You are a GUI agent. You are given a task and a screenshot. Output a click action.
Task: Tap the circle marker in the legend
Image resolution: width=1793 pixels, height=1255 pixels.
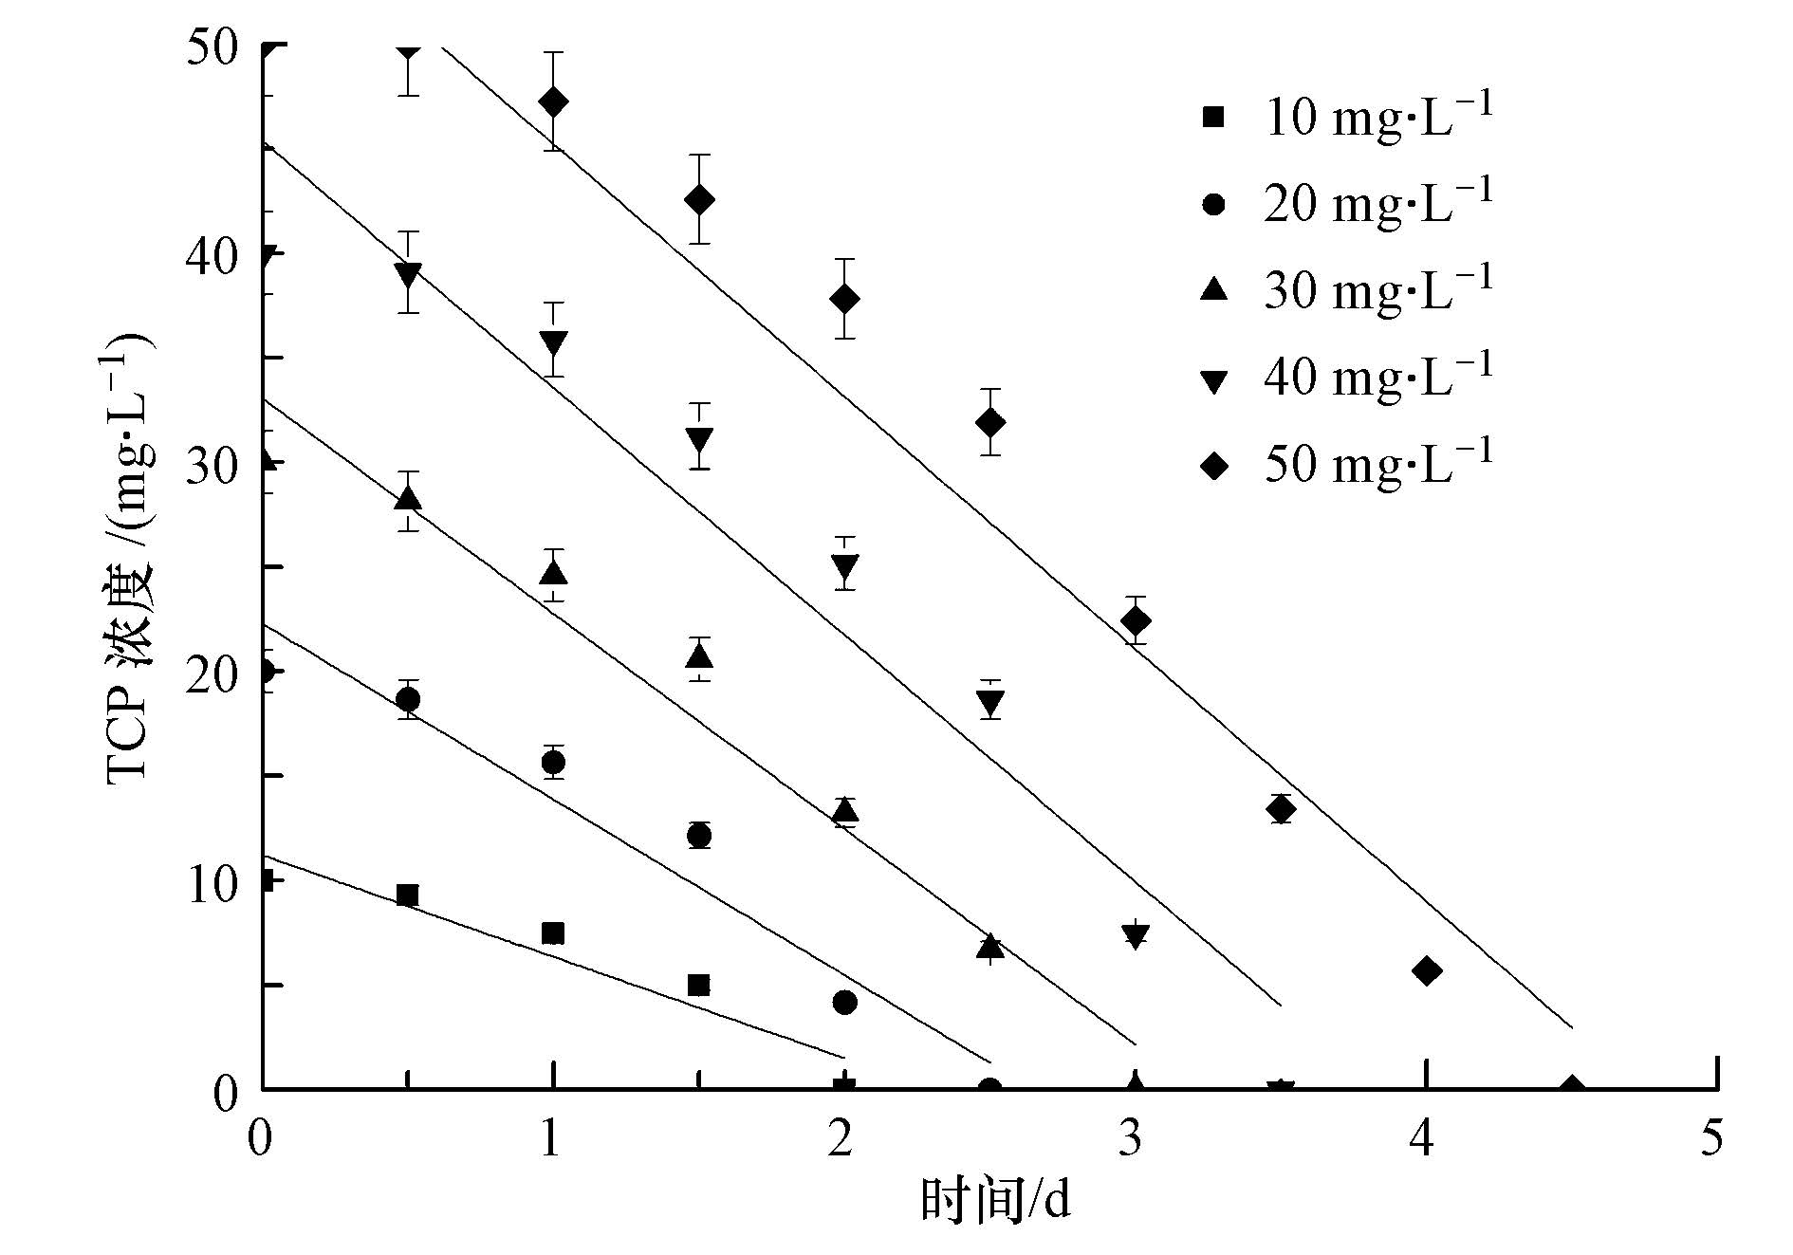(x=1213, y=205)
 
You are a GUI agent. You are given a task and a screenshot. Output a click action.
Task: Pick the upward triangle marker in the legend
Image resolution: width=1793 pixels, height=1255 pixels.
(x=1213, y=290)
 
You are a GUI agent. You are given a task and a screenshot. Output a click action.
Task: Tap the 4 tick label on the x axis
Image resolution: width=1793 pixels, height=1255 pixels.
(x=1420, y=1138)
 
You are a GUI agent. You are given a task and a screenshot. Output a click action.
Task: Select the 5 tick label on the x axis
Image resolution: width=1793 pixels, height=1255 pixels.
(x=1711, y=1138)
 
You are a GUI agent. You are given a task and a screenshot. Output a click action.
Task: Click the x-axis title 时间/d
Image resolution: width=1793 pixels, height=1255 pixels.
(x=995, y=1201)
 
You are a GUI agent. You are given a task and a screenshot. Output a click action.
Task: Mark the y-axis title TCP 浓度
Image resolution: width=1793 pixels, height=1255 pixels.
(x=128, y=560)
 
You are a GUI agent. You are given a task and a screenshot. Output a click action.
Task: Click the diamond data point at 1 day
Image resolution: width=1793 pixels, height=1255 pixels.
(x=553, y=102)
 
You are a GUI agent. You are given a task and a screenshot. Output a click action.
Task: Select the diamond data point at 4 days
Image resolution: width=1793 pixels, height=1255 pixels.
(x=1426, y=970)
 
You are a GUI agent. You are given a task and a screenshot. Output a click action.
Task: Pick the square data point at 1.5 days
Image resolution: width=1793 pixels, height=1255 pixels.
(x=698, y=985)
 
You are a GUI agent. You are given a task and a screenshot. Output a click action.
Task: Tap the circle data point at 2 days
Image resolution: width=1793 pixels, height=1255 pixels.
(x=844, y=1002)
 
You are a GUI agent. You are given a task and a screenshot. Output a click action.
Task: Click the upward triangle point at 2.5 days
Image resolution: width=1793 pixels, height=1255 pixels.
(x=990, y=946)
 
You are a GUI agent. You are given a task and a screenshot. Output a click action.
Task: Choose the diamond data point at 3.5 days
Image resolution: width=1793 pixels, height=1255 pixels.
(x=1281, y=809)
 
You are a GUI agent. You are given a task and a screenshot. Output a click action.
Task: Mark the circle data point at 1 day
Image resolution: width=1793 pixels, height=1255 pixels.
(x=553, y=762)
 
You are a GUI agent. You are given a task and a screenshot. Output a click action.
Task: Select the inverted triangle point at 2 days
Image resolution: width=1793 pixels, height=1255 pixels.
(x=844, y=567)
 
